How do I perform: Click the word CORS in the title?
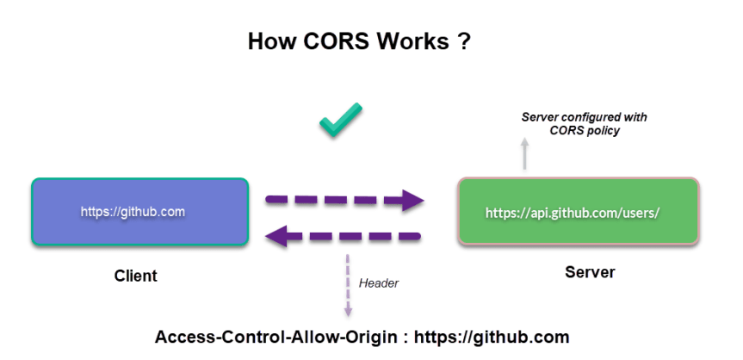pos(336,41)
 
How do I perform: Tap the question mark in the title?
pos(464,41)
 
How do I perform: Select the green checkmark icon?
pos(341,120)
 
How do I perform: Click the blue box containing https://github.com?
pos(139,212)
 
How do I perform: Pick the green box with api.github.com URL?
pos(578,211)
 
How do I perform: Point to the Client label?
pos(135,276)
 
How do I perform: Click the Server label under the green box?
pos(590,272)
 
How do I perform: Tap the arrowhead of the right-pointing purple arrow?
pos(412,200)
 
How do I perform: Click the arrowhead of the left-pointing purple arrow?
pos(276,236)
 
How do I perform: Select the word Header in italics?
pos(379,283)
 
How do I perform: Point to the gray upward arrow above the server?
pos(524,153)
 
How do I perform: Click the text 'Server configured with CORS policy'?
pos(585,124)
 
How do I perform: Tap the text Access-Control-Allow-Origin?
pos(276,338)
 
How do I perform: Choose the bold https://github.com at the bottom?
pos(492,338)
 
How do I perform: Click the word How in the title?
pos(272,41)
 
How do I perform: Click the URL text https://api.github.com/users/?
pos(573,213)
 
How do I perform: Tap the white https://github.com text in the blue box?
pos(133,212)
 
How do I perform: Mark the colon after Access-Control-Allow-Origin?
pos(406,338)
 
